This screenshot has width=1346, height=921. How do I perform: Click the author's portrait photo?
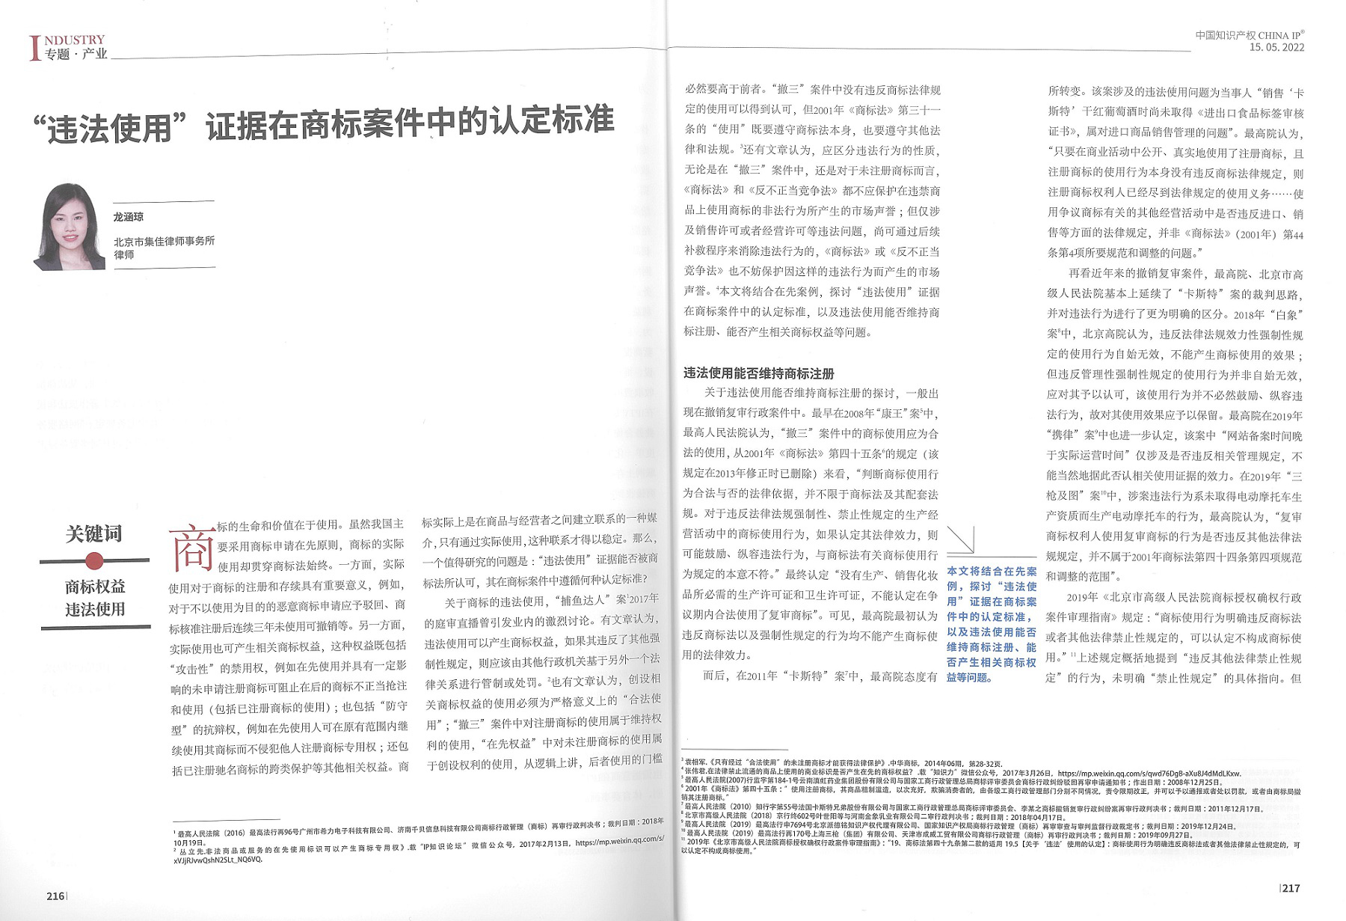pos(69,227)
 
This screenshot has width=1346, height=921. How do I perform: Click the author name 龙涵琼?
pos(129,217)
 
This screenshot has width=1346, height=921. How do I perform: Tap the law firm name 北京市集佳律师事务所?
pos(164,241)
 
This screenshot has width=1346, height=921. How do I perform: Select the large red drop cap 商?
pos(191,548)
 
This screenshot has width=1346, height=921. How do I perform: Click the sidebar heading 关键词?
pos(93,534)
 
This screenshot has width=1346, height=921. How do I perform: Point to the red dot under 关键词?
pos(94,560)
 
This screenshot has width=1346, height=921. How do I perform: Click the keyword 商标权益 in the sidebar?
pos(95,587)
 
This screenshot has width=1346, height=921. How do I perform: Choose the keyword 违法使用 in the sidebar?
pos(95,609)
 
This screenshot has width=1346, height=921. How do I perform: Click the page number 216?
pos(55,896)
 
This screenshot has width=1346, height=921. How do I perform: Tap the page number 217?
pos(1291,888)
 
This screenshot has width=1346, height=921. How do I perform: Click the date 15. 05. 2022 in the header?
pos(1276,47)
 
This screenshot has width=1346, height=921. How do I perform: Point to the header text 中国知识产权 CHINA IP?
pos(1249,35)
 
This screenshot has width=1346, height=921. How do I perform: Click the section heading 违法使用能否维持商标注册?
pos(758,373)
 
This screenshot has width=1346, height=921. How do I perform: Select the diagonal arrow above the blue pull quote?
pos(961,539)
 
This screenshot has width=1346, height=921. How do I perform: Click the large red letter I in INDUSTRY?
pos(34,48)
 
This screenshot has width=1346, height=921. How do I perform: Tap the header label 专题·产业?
pos(76,54)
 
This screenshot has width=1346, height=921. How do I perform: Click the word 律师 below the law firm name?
pos(124,254)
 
